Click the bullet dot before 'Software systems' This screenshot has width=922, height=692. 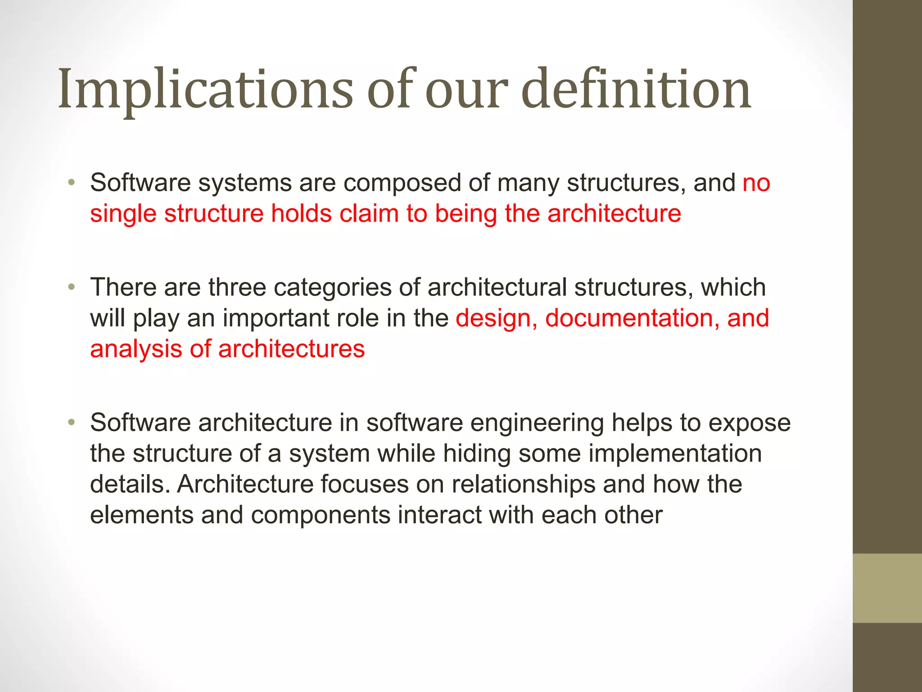point(71,183)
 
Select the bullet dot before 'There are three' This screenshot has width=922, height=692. point(71,287)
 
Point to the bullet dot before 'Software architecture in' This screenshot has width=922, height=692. point(71,423)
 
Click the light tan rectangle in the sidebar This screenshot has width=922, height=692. point(887,588)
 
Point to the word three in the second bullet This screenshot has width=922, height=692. point(237,287)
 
